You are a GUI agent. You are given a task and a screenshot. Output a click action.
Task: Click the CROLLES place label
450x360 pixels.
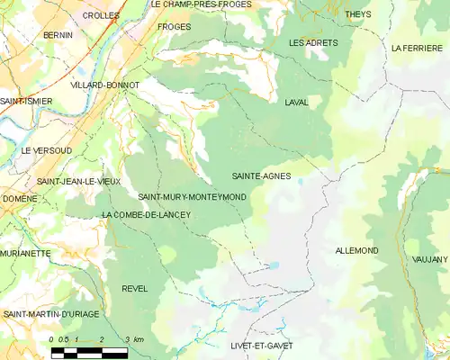coord(100,16)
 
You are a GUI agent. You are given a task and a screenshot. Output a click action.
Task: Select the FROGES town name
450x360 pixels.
coord(174,27)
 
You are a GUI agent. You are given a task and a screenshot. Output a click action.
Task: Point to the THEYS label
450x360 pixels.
coord(357,15)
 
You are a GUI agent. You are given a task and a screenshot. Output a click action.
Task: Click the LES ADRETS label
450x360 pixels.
coord(313,43)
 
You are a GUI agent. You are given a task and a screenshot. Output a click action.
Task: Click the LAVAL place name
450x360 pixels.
coord(295,103)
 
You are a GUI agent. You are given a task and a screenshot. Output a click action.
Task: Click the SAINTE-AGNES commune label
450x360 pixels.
coord(261,176)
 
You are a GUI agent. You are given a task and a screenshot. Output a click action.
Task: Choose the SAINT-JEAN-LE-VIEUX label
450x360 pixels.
coord(78,182)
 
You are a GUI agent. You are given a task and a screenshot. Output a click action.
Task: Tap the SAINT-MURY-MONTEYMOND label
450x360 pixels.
coord(192,196)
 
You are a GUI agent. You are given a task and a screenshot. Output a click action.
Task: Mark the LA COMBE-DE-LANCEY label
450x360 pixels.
coord(147,214)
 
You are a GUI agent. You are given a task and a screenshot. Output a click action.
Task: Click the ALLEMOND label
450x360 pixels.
coord(355,250)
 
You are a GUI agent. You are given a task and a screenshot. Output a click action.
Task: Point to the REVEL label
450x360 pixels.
coord(134,288)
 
